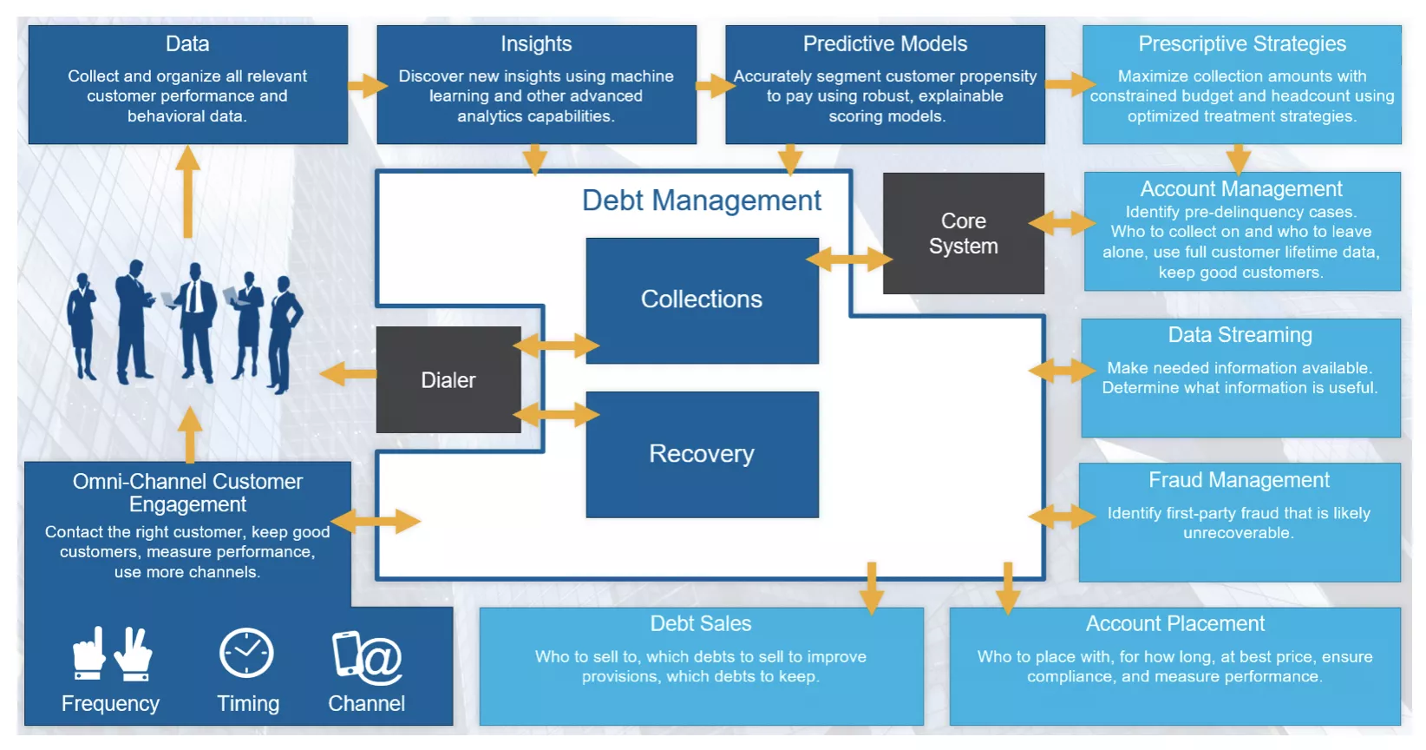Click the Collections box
702,300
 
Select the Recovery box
702,454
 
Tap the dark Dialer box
448,380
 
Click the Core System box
963,234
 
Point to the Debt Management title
701,201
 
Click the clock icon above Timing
246,653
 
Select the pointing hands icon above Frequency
112,653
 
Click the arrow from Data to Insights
367,85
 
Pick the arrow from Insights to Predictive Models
715,85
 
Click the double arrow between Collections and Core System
848,259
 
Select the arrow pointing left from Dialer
348,374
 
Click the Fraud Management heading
1239,480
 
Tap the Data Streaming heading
1240,335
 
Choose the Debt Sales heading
701,623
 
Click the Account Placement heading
1174,623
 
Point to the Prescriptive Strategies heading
1241,44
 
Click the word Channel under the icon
366,703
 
